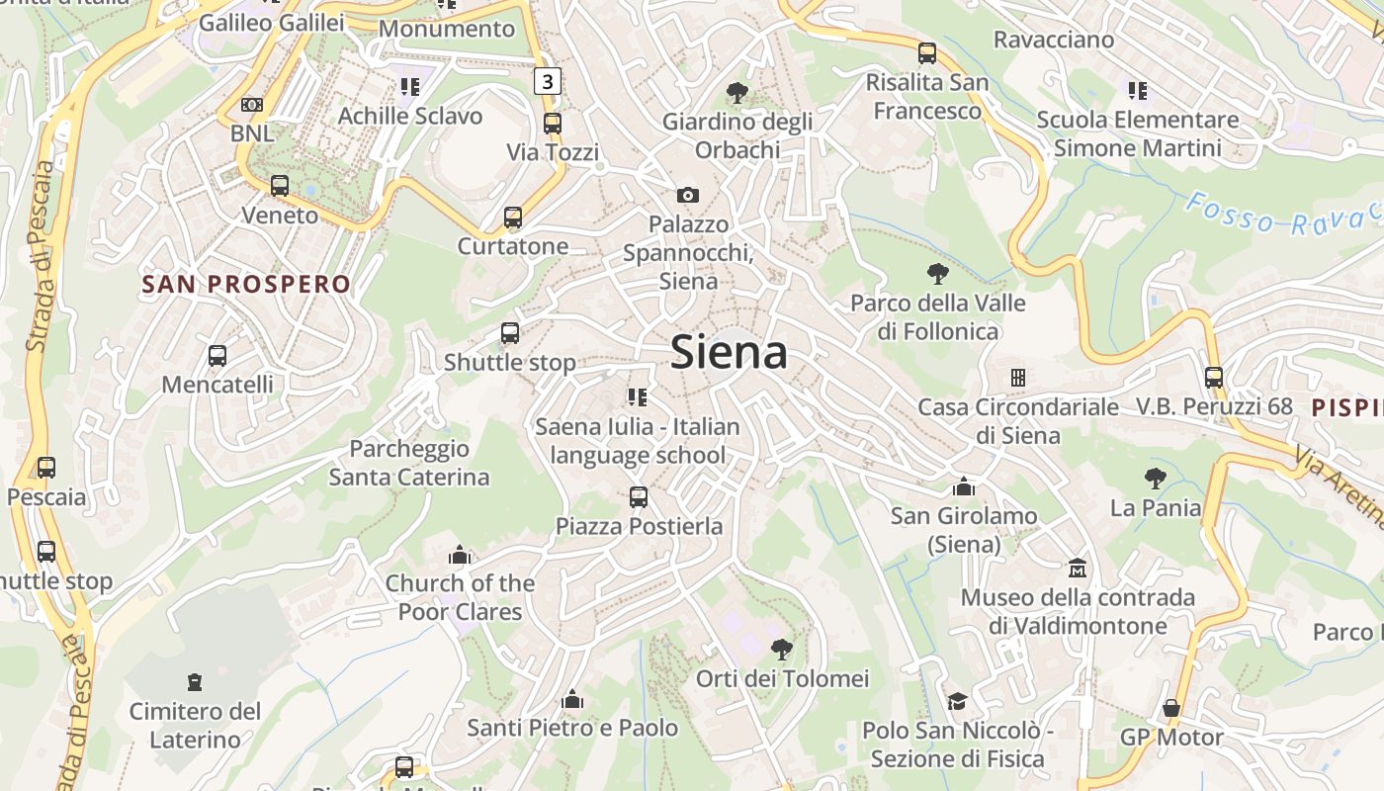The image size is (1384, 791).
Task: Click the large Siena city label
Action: [729, 353]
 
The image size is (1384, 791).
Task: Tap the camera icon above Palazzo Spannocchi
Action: [688, 195]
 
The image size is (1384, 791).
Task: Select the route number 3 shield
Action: [548, 81]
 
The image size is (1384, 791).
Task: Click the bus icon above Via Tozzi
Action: [553, 124]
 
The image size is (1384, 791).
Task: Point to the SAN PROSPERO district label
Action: [246, 285]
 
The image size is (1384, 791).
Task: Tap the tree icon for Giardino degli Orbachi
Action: [736, 93]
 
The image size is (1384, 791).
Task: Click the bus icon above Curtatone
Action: [512, 218]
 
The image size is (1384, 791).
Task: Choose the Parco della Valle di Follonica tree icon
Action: [938, 274]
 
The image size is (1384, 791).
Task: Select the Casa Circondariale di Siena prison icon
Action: [1017, 378]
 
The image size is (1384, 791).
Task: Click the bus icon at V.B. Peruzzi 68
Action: [1214, 377]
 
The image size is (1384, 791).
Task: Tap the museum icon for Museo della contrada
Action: [1078, 569]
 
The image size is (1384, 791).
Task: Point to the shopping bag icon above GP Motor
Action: [1171, 708]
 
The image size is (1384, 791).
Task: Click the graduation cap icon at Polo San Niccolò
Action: [957, 701]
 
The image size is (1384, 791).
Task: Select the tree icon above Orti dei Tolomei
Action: [782, 650]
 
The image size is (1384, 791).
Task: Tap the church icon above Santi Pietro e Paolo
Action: [572, 700]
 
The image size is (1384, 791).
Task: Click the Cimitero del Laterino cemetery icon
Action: [195, 682]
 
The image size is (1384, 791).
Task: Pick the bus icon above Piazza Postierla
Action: [639, 496]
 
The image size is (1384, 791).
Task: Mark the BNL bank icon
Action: [252, 105]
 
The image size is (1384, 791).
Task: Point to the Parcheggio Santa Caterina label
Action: [409, 463]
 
